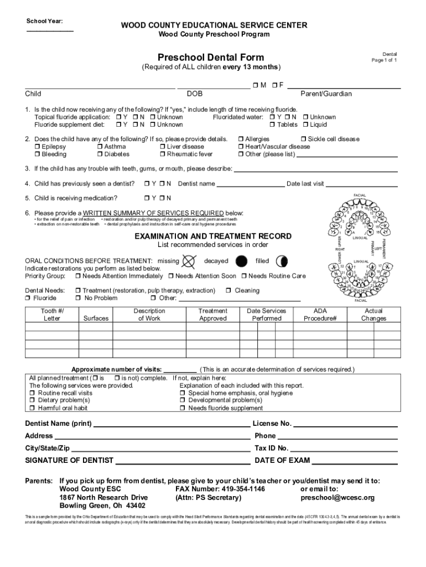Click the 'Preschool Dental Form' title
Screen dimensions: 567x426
[211, 58]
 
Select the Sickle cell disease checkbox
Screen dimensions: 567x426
[303, 139]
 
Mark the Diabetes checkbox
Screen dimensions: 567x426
[100, 154]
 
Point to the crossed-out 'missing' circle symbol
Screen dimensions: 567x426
[189, 261]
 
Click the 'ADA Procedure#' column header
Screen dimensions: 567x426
[320, 315]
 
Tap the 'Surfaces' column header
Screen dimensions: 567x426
[96, 318]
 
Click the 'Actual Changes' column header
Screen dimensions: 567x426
[374, 315]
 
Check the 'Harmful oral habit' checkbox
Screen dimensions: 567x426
[33, 408]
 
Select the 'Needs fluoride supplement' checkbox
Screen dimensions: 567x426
[183, 408]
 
